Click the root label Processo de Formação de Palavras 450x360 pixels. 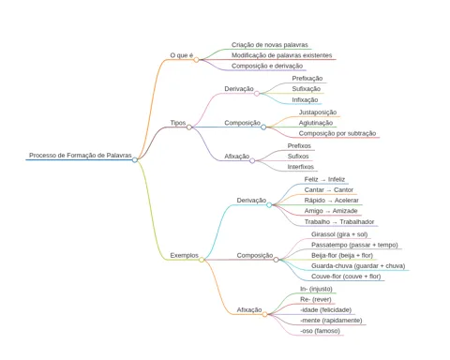click(x=81, y=156)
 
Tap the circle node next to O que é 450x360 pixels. click(x=196, y=60)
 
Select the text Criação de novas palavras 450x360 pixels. click(x=270, y=45)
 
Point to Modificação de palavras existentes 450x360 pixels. click(x=281, y=55)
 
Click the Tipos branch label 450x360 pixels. click(x=178, y=123)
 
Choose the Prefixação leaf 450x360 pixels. click(x=307, y=79)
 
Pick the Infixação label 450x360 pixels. click(x=305, y=100)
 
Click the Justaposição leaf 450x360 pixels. click(x=318, y=112)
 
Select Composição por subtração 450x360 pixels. click(x=337, y=133)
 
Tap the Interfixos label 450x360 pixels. click(x=301, y=167)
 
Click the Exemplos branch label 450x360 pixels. click(x=184, y=255)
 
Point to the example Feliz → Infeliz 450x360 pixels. click(x=324, y=179)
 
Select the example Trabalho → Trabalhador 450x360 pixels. click(x=339, y=222)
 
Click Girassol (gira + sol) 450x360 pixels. click(x=339, y=234)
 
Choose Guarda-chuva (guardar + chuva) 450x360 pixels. click(x=358, y=266)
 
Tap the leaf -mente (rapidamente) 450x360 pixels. click(x=331, y=321)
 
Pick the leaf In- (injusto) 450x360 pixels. click(x=316, y=289)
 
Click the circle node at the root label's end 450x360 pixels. click(x=135, y=160)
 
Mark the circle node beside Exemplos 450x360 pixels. click(x=202, y=260)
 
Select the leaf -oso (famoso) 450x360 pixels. click(x=320, y=331)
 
